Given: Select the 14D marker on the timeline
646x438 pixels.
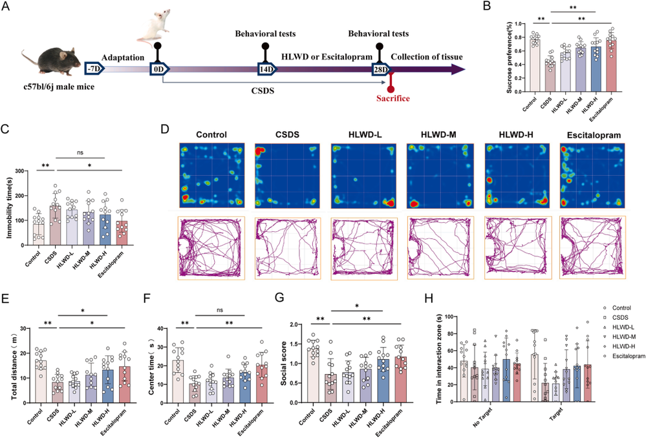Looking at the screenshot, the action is pos(266,68).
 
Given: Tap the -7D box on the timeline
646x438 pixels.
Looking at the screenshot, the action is pos(94,68).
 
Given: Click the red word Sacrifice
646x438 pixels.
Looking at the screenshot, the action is pos(393,98).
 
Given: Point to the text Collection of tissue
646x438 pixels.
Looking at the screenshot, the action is pos(426,57).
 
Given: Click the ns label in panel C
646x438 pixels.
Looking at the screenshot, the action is pos(80,152).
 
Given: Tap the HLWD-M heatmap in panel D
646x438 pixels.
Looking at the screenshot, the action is pos(440,176).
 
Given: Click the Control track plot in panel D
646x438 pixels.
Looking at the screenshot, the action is pos(211,249).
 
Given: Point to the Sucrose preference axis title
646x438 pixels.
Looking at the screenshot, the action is pos(509,57).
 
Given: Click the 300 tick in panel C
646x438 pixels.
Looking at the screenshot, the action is pos(18,171).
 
